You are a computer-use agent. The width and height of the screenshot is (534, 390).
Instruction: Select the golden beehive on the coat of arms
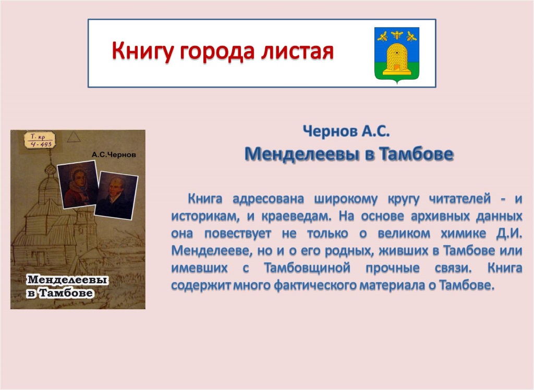[397, 58]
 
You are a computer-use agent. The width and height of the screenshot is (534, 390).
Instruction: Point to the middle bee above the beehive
[397, 34]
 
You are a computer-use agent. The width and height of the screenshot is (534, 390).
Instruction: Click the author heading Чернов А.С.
[346, 131]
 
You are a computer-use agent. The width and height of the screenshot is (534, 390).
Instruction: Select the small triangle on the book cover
[74, 137]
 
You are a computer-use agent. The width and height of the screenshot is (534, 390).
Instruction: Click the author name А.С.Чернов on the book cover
[114, 155]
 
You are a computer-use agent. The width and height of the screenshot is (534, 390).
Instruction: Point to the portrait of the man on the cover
[116, 195]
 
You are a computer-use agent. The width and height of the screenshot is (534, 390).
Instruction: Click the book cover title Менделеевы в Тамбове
[67, 286]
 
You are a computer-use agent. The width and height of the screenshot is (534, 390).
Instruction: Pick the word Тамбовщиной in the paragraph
[307, 268]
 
